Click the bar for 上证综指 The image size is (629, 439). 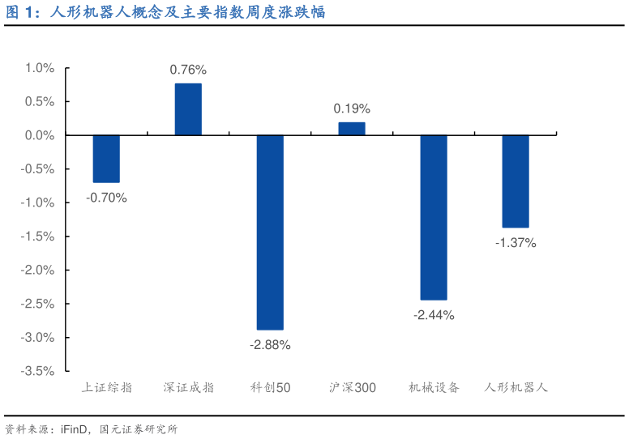pyautogui.click(x=106, y=159)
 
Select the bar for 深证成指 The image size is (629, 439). pyautogui.click(x=188, y=109)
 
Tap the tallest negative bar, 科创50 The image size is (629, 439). pyautogui.click(x=270, y=232)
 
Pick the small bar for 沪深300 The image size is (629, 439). pyautogui.click(x=352, y=129)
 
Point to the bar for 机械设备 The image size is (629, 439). pyautogui.click(x=434, y=217)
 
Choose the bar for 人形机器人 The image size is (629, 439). pyautogui.click(x=516, y=181)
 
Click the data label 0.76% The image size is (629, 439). pyautogui.click(x=188, y=70)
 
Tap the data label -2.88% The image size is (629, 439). pyautogui.click(x=270, y=344)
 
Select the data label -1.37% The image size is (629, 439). pyautogui.click(x=516, y=242)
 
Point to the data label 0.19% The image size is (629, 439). pyautogui.click(x=352, y=109)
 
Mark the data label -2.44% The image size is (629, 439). pyautogui.click(x=434, y=314)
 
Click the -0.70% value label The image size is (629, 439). pyautogui.click(x=106, y=197)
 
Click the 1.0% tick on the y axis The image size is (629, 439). pyautogui.click(x=40, y=68)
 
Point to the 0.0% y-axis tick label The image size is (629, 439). pyautogui.click(x=40, y=135)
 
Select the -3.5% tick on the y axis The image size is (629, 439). pyautogui.click(x=38, y=371)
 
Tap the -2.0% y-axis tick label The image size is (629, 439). pyautogui.click(x=38, y=270)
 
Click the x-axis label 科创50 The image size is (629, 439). pyautogui.click(x=270, y=388)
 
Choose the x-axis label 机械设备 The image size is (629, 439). pyautogui.click(x=434, y=388)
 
